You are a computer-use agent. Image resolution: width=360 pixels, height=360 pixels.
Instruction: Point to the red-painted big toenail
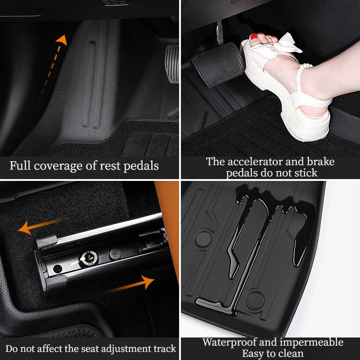tap(253, 37)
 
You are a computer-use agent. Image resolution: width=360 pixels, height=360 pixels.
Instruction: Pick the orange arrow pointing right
tap(129, 285)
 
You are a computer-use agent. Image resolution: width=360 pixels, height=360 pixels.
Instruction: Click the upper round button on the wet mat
tap(203, 239)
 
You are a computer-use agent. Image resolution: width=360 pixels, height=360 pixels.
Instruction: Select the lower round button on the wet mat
tap(256, 300)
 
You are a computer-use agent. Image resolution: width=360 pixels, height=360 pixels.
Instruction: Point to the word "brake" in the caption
tap(321, 162)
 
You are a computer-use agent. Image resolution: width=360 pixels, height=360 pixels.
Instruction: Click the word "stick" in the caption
tap(306, 173)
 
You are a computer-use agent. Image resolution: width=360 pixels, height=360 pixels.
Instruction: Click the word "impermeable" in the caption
tap(311, 342)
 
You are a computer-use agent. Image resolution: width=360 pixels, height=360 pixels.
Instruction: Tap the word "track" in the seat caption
tap(165, 348)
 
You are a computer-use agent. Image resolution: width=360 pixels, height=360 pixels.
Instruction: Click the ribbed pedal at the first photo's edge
tap(172, 64)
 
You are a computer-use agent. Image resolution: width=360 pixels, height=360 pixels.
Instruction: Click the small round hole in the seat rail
tap(58, 269)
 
